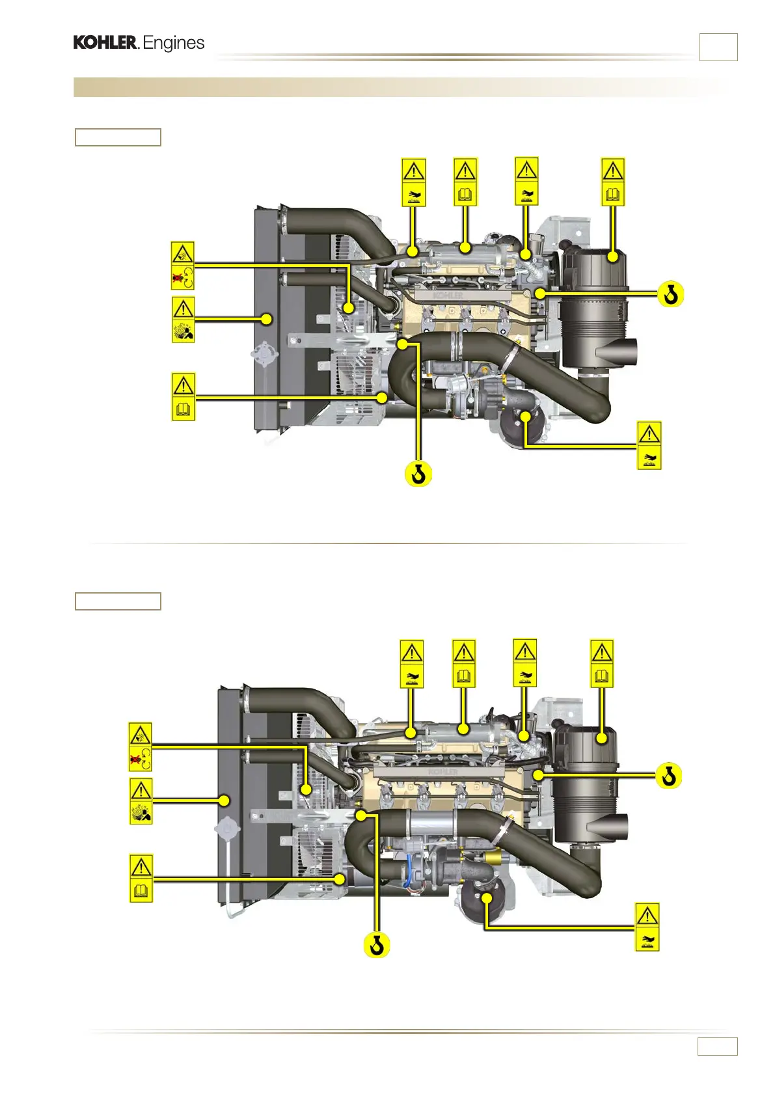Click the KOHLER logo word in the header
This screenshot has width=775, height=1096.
105,43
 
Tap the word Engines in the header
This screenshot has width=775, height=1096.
174,43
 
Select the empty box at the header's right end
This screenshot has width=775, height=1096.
718,47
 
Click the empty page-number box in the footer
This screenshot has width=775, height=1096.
717,1046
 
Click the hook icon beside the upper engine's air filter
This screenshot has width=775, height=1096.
671,295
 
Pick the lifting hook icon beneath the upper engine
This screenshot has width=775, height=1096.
419,474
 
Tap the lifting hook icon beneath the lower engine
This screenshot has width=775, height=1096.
376,944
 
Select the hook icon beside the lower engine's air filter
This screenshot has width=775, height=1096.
668,776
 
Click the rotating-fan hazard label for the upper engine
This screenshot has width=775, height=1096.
183,266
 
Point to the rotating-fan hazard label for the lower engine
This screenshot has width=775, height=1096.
141,747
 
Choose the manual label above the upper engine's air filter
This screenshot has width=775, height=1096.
613,182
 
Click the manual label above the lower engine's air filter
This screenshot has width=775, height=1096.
602,663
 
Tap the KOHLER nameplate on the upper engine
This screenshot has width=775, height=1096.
448,295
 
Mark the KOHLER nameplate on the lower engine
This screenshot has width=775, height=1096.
442,773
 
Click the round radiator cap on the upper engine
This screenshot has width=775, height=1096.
265,355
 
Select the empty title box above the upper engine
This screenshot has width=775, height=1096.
118,137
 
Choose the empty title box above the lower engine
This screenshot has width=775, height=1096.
118,601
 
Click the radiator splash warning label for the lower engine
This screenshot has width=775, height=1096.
141,801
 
